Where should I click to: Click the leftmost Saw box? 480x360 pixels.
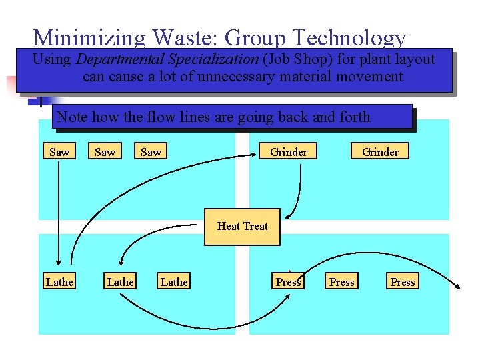point(59,152)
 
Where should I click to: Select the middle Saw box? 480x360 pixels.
point(105,152)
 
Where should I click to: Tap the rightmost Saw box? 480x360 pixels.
point(151,152)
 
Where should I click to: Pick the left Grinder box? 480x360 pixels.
point(289,152)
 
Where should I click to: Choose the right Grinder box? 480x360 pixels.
point(380,152)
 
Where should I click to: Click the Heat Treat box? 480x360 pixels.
point(243,226)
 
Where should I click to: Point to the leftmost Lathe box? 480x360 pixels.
point(59,282)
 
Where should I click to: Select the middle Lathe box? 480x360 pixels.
point(120,282)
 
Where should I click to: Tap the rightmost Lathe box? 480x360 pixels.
point(174,282)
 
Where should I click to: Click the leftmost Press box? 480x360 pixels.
point(289,282)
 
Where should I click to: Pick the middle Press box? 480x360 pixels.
point(342,282)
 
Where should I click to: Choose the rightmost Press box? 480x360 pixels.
point(403,282)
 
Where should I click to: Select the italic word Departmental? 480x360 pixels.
point(122,59)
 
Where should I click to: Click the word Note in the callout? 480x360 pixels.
point(72,117)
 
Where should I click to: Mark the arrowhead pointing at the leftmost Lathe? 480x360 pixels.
point(59,262)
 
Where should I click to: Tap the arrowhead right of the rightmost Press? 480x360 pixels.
point(458,287)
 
